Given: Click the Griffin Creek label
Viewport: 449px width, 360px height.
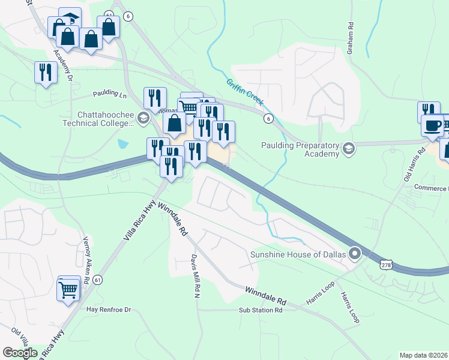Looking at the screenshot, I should [x=244, y=91].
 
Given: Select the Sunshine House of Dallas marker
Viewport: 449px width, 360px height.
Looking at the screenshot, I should [x=355, y=254].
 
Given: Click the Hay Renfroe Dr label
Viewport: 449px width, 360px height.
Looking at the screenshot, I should [x=109, y=310].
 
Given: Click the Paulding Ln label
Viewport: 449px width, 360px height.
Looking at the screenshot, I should [x=110, y=95].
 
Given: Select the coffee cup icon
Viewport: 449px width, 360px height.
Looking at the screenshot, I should [x=432, y=125].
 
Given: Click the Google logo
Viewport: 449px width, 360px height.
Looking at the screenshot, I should [x=20, y=353].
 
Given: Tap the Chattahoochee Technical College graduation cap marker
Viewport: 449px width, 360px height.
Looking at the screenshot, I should [x=143, y=118].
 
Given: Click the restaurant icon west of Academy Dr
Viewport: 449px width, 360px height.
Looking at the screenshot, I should [x=46, y=72].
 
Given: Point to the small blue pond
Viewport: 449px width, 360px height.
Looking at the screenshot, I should [x=123, y=144].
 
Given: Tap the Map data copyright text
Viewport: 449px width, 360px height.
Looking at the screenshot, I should [x=423, y=355].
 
